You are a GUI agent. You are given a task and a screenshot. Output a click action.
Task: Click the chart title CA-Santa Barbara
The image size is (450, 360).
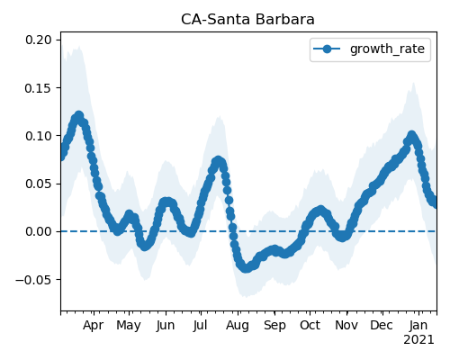(247, 20)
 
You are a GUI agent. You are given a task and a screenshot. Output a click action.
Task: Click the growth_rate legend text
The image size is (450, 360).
(387, 49)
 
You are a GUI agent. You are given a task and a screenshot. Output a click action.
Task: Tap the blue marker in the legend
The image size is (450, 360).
(327, 49)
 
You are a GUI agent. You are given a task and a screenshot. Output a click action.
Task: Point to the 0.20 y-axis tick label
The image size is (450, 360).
(38, 40)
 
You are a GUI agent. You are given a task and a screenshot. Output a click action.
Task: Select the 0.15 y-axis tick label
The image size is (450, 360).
(38, 88)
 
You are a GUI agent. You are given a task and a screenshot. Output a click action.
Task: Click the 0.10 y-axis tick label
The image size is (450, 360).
(38, 136)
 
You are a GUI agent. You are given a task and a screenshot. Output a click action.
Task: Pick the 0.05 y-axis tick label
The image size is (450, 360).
(38, 184)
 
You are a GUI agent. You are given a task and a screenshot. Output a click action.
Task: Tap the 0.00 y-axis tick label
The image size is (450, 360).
(38, 231)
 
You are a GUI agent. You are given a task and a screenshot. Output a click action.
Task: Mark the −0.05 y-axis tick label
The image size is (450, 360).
(33, 280)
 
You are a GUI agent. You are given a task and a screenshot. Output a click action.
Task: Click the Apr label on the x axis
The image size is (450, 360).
(94, 326)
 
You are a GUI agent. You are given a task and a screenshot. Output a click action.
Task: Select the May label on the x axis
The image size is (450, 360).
(129, 326)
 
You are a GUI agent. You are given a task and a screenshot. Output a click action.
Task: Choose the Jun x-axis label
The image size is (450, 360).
(166, 326)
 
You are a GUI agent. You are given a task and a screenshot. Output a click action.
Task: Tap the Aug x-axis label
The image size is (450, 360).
(238, 326)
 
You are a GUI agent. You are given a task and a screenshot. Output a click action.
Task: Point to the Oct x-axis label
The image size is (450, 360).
(310, 326)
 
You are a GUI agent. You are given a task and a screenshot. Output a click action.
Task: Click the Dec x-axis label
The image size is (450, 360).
(382, 326)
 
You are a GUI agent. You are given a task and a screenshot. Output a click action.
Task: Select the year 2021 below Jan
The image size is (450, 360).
(418, 340)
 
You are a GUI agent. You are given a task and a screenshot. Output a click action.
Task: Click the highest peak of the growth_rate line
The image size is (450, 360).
(79, 116)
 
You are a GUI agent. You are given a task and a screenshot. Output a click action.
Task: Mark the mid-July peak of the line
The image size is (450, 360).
(218, 161)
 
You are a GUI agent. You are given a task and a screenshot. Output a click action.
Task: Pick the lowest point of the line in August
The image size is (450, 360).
(246, 268)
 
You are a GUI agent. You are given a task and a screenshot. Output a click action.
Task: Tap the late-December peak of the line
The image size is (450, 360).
(411, 136)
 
